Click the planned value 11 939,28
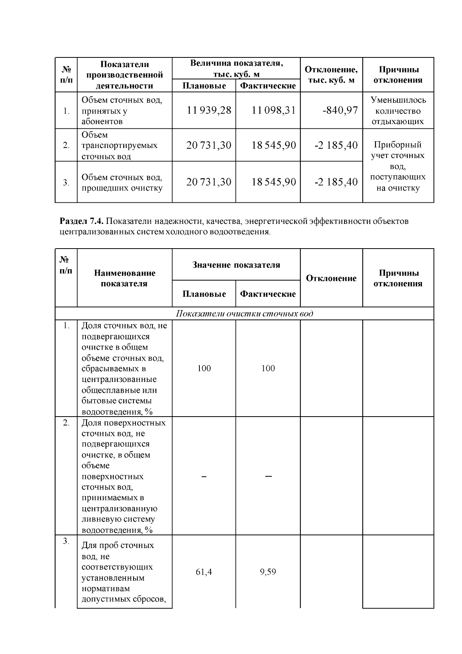tap(209, 111)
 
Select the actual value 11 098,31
tap(273, 111)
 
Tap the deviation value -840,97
tap(340, 111)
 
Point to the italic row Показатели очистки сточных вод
tap(244, 313)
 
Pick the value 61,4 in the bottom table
tap(204, 572)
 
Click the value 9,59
tap(268, 572)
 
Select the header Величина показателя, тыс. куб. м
tap(236, 69)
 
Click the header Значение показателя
tap(236, 265)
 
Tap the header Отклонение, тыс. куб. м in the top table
tap(331, 75)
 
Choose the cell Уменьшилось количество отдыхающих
tap(398, 111)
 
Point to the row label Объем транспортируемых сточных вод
tap(119, 146)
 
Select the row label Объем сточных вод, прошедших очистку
tap(122, 183)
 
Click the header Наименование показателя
tap(124, 278)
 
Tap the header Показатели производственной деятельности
tap(124, 75)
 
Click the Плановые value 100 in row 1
tap(204, 368)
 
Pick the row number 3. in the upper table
tap(66, 183)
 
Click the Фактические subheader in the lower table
tap(268, 294)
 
